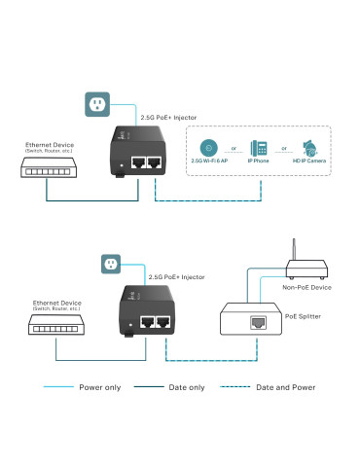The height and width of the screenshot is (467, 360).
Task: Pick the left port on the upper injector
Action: coord(138,162)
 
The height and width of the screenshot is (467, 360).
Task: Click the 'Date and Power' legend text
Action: coord(287,387)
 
